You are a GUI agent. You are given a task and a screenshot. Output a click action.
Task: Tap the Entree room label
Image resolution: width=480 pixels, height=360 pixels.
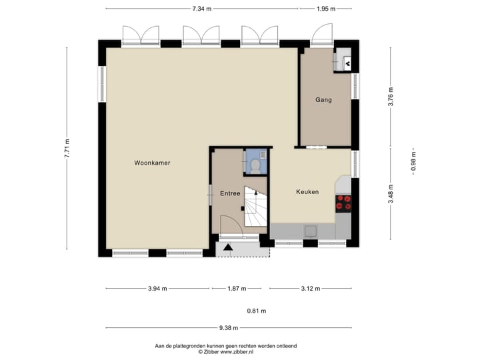229,193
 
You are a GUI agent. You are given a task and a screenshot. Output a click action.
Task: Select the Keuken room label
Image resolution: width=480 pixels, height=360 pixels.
307,192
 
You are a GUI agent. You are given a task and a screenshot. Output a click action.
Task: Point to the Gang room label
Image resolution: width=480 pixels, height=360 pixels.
323,100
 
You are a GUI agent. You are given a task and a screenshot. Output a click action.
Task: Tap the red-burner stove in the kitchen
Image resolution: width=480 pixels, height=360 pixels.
344,203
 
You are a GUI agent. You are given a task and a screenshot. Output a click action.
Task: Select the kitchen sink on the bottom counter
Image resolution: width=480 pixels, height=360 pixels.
311,231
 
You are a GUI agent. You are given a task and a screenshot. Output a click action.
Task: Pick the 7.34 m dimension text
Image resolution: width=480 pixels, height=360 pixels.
201,9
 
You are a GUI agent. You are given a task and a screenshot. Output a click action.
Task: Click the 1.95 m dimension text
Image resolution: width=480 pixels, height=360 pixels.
326,9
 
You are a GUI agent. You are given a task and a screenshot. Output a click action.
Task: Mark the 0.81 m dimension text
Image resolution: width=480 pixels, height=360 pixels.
256,311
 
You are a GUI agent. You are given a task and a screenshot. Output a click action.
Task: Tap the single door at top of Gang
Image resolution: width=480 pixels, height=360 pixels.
324,33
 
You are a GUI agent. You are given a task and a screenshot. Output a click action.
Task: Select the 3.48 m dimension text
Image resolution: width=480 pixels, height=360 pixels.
391,192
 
